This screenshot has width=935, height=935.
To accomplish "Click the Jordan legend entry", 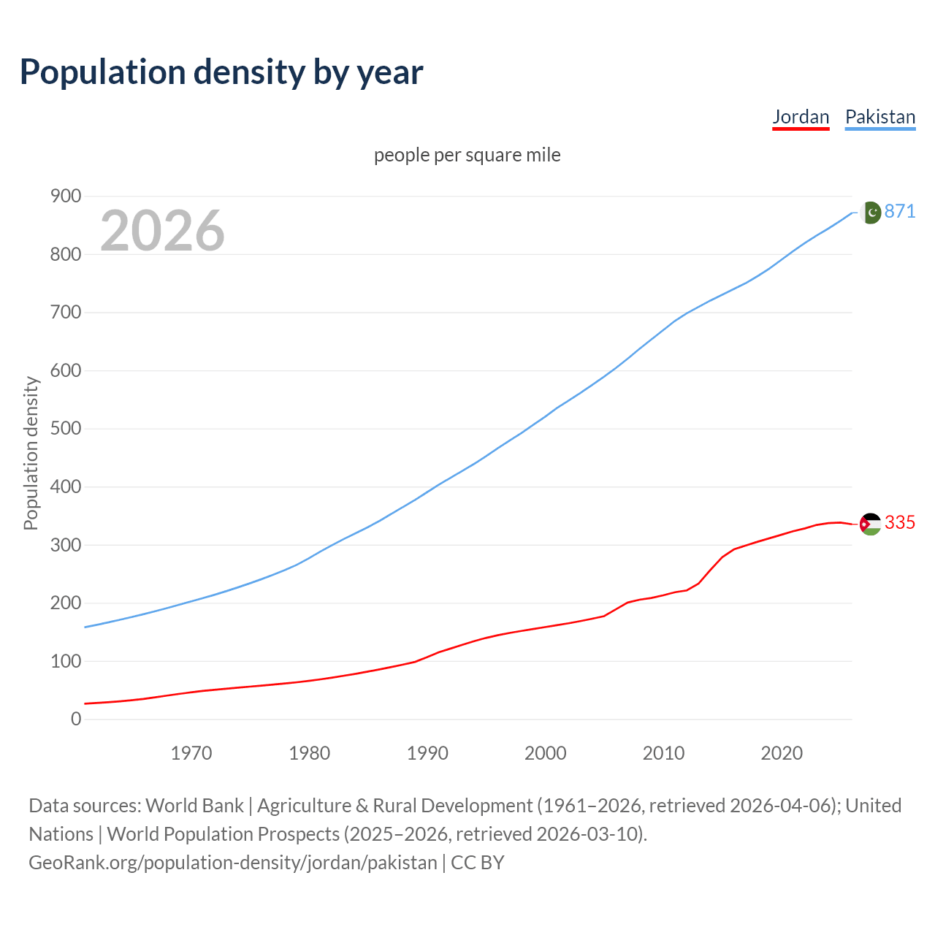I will click(x=801, y=117).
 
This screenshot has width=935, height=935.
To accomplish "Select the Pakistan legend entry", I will click(x=879, y=117).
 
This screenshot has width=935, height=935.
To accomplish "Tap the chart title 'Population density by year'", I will click(x=221, y=72).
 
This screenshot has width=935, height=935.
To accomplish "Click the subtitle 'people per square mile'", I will click(x=467, y=155).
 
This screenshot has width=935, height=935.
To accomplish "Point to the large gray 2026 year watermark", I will click(x=162, y=231).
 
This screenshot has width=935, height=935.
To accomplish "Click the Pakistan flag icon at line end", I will click(x=870, y=213).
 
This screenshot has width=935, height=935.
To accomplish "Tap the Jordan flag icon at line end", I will click(x=870, y=524).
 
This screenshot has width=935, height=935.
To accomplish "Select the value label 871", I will click(x=899, y=211).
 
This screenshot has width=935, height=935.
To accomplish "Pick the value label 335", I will click(x=899, y=522).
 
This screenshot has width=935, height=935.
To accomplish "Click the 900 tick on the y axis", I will click(x=66, y=196).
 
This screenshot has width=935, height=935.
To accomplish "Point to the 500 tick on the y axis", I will click(x=66, y=428).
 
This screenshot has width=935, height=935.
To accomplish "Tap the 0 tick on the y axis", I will click(x=76, y=719).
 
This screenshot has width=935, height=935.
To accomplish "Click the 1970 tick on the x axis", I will click(x=191, y=752).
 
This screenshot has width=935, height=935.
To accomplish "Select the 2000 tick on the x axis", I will click(x=546, y=752).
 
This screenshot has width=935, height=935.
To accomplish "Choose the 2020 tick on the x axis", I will click(x=782, y=752).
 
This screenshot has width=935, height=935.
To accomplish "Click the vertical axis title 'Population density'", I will click(x=31, y=453).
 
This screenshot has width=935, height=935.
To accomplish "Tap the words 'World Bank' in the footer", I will click(x=194, y=805).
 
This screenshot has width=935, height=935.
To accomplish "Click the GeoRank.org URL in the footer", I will click(x=232, y=862).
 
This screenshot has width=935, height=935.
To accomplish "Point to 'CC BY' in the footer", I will click(x=478, y=862).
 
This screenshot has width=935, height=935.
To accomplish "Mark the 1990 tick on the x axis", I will click(x=427, y=752).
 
